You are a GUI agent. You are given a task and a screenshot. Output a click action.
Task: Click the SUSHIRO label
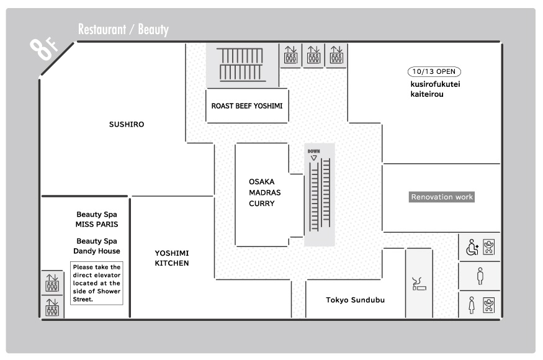pyautogui.click(x=127, y=124)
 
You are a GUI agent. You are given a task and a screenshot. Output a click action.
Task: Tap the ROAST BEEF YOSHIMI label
pyautogui.click(x=247, y=106)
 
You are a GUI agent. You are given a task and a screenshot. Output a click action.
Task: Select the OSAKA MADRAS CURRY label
pyautogui.click(x=264, y=192)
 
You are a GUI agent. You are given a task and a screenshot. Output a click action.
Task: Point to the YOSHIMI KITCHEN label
pyautogui.click(x=172, y=258)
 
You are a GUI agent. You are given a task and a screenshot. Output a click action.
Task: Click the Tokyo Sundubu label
pyautogui.click(x=356, y=300)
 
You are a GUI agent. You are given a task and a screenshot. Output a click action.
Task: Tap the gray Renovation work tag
pyautogui.click(x=441, y=197)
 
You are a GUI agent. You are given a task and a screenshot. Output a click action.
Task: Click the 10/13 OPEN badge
pyautogui.click(x=434, y=72)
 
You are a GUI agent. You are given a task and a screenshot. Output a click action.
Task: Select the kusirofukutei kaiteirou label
pyautogui.click(x=435, y=89)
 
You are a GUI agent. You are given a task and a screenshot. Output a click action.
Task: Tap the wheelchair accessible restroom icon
pyautogui.click(x=472, y=247)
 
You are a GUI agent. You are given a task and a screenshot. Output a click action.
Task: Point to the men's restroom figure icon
pyautogui.click(x=480, y=276)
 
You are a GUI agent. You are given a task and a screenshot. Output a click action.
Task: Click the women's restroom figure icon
pyautogui.click(x=471, y=305)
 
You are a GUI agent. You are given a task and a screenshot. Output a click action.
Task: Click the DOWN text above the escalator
pyautogui.click(x=314, y=151)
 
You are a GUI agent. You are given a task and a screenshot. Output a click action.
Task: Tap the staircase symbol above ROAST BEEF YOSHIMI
pyautogui.click(x=241, y=65)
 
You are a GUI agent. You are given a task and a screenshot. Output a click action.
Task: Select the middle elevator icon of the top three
pyautogui.click(x=313, y=55)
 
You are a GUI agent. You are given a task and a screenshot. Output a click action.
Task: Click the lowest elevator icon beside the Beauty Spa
pyautogui.click(x=52, y=307)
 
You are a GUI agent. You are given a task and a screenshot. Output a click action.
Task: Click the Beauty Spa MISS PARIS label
pyautogui.click(x=97, y=219)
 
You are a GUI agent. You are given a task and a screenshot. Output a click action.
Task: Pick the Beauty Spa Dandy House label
pyautogui.click(x=97, y=246)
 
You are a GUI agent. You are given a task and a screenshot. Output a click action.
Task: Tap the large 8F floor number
pyautogui.click(x=43, y=48)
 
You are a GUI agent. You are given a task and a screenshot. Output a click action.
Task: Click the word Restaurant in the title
pyautogui.click(x=102, y=29)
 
